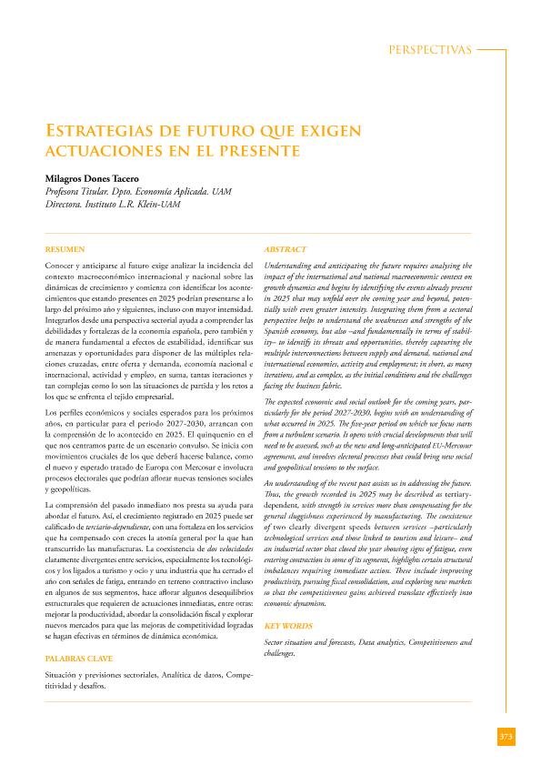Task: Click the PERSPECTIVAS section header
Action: tap(429, 50)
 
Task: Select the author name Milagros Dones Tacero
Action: tap(92, 179)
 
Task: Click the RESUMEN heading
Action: tap(65, 248)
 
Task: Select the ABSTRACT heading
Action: tap(285, 248)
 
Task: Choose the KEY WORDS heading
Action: tap(287, 626)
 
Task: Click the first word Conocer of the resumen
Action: tap(60, 264)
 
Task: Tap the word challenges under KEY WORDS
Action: tap(279, 653)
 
